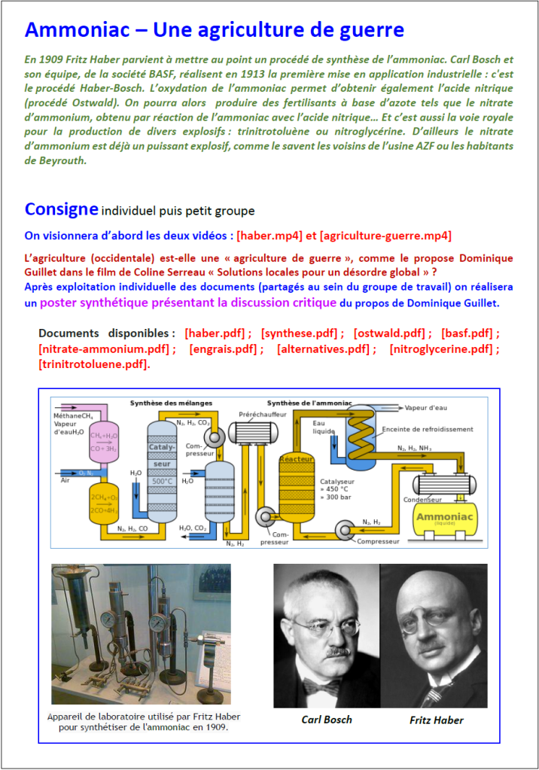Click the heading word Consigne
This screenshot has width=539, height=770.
coord(61,208)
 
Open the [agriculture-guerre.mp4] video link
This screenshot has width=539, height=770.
coord(385,236)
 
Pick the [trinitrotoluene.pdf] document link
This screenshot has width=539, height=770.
coord(93,364)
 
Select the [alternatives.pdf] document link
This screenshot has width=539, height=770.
coord(324,348)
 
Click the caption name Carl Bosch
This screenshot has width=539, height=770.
coord(326,719)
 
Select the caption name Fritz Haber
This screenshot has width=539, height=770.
coord(436,720)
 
